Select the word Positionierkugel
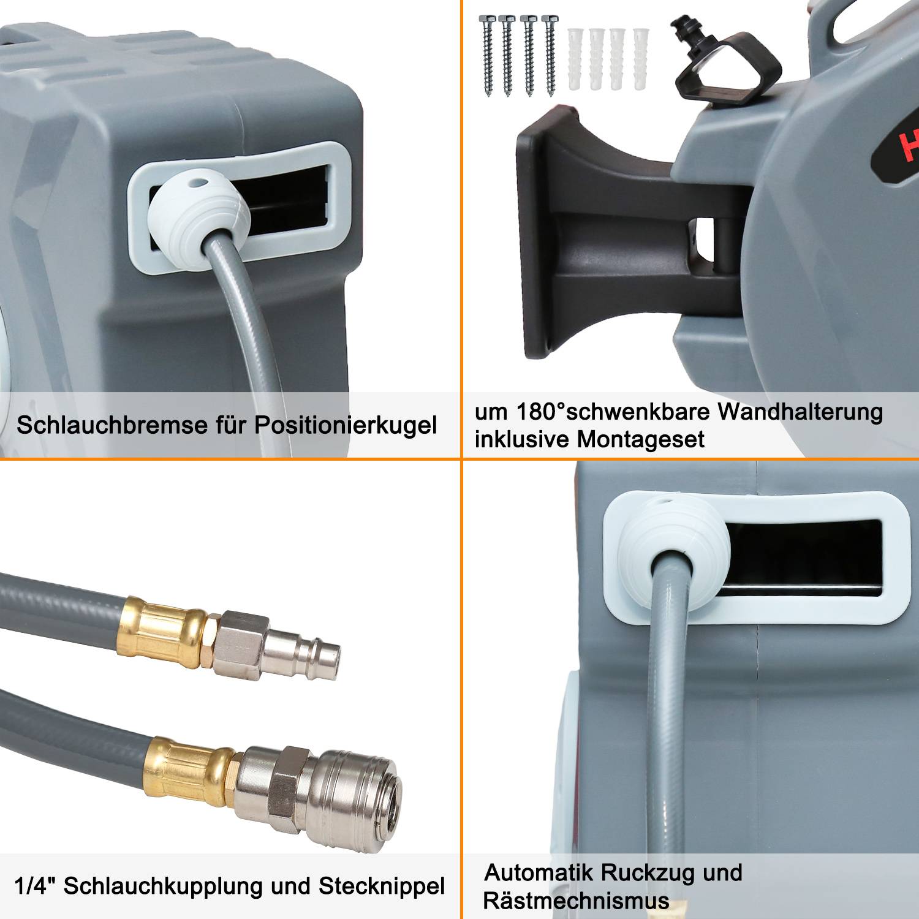point(346,425)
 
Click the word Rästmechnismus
point(576,901)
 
